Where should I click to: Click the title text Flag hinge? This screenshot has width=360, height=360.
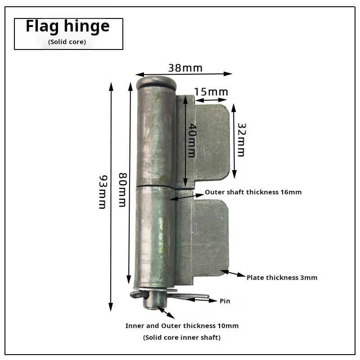tap(68, 27)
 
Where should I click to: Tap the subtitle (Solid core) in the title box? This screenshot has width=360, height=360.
tap(67, 42)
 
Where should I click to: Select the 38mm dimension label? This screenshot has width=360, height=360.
tap(185, 68)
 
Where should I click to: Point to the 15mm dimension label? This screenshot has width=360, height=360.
tap(211, 92)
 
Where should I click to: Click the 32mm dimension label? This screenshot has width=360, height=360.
tap(241, 140)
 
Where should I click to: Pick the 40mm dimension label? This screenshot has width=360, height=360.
tap(192, 140)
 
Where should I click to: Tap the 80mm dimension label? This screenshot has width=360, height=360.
tap(122, 190)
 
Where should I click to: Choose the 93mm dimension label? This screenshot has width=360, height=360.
tap(103, 192)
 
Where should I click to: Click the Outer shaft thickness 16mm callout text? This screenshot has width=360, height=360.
tap(253, 192)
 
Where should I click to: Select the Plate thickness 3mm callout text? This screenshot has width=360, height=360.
tap(282, 278)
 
